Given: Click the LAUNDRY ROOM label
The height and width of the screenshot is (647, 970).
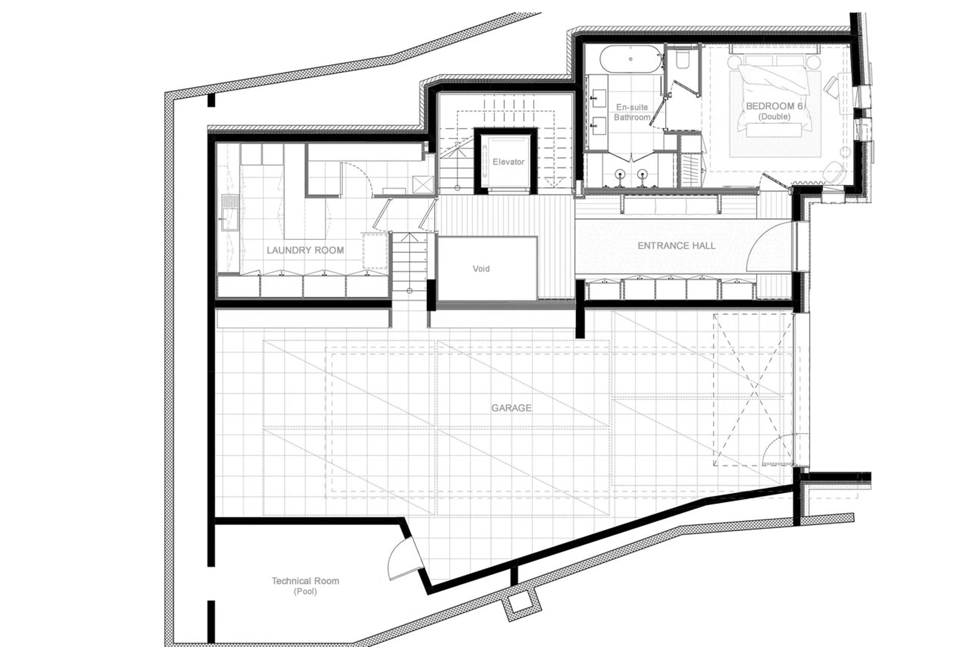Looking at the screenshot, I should [x=305, y=250].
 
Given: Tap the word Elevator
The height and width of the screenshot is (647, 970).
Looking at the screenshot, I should [x=508, y=162].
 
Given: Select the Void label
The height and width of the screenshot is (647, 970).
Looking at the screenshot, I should [x=481, y=269].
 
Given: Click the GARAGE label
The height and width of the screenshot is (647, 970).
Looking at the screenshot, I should [x=511, y=408].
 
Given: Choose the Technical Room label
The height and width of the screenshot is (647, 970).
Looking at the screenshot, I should [x=305, y=581].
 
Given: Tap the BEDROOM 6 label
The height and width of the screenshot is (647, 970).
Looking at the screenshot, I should [x=774, y=106].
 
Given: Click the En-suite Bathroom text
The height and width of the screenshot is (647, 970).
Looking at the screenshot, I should [x=632, y=112].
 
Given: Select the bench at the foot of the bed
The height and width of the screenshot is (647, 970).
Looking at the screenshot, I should [x=774, y=130].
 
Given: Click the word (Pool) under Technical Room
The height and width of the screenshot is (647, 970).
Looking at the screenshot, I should [x=305, y=592].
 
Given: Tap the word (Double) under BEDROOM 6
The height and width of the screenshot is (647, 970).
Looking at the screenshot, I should [x=774, y=117].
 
